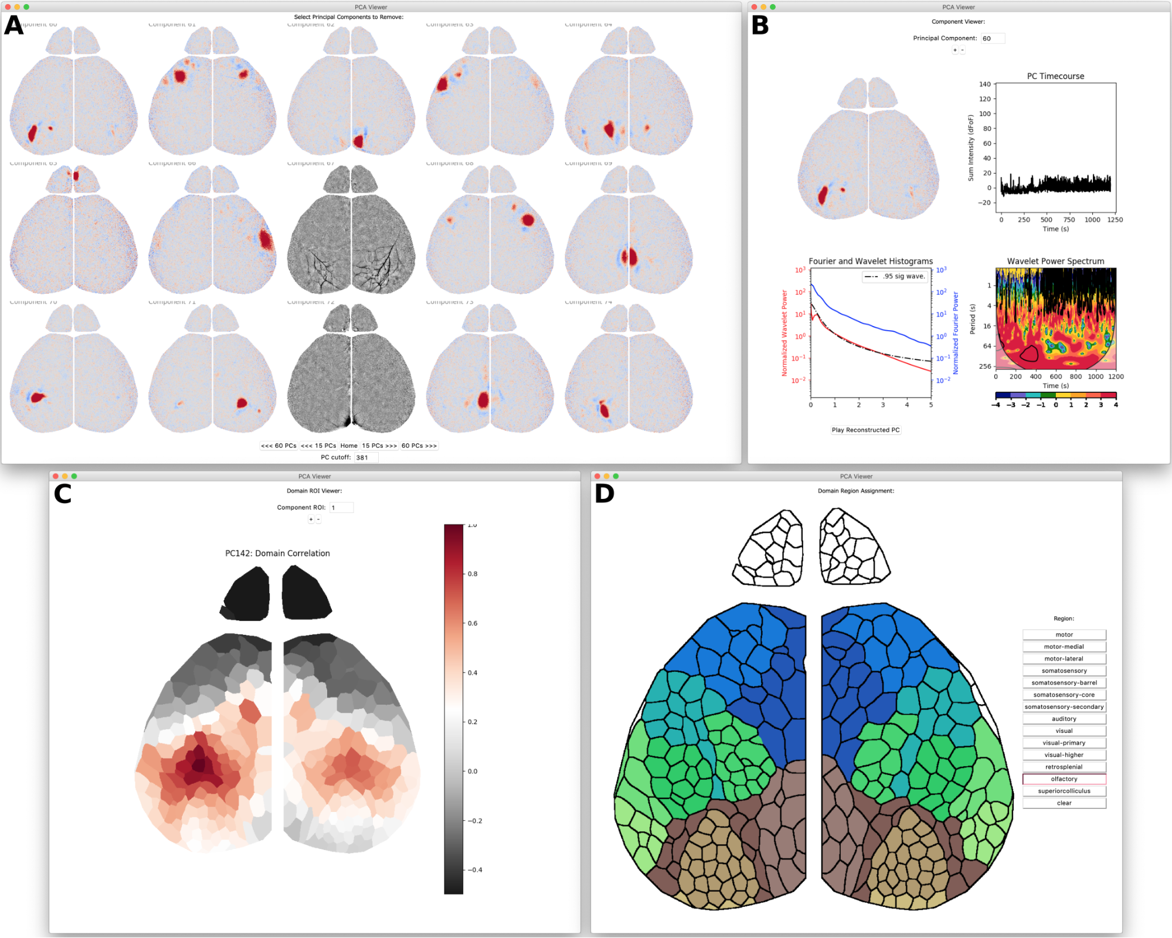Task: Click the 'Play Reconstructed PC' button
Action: click(865, 430)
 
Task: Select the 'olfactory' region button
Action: click(1064, 779)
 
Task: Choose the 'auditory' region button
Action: click(1064, 719)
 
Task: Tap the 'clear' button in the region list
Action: click(1064, 803)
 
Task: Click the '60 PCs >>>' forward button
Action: click(419, 446)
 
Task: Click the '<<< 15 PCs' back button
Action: click(318, 446)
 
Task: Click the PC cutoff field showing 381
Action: click(366, 457)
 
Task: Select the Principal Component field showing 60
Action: click(993, 39)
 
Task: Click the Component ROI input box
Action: click(341, 508)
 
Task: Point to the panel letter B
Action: click(760, 25)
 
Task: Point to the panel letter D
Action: click(604, 494)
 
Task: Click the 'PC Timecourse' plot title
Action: click(1055, 76)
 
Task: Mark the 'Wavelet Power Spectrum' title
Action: click(1055, 261)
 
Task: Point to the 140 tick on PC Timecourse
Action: click(984, 84)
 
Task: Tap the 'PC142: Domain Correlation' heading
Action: click(277, 553)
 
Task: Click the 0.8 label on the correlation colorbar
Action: click(473, 574)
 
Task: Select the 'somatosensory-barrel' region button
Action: click(1064, 683)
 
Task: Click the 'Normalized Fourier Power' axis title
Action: click(956, 333)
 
